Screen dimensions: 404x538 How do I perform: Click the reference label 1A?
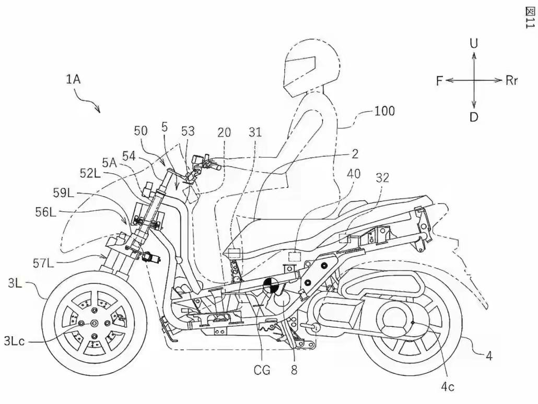(x=73, y=79)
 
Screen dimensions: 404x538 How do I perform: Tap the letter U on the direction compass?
(x=473, y=44)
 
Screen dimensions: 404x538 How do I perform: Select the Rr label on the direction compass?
(x=511, y=80)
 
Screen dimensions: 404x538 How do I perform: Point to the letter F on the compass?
(x=440, y=80)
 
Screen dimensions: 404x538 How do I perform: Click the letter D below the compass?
(x=473, y=117)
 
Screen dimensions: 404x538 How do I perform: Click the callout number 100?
(x=384, y=111)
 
